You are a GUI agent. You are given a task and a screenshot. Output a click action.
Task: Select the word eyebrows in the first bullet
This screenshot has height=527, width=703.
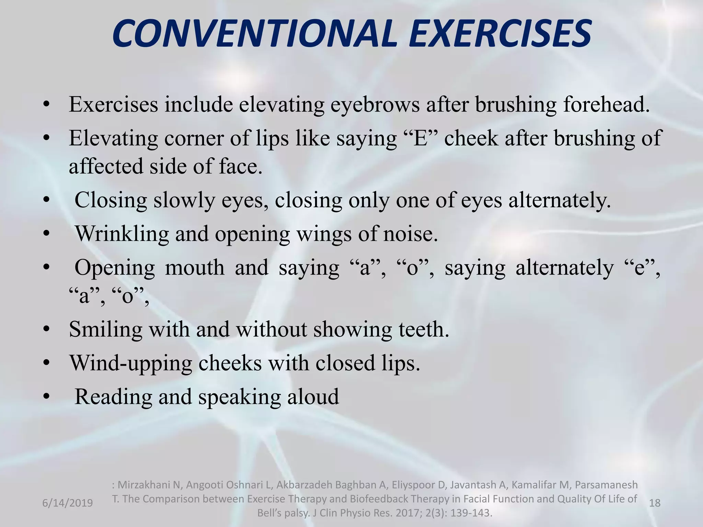point(375,105)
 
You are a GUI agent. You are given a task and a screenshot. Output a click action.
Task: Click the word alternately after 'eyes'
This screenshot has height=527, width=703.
point(560,200)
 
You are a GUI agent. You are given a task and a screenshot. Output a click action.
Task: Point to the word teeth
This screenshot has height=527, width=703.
point(424,329)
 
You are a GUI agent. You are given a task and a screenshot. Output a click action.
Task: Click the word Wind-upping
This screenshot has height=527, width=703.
point(130,363)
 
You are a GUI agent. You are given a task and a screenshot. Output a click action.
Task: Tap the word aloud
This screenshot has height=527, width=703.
point(313,397)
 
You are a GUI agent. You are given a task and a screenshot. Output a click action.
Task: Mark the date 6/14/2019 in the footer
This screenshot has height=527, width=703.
point(67,503)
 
